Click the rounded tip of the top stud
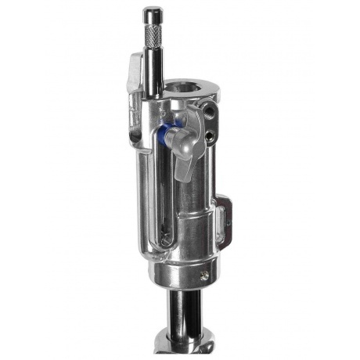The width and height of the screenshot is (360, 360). pos(149,11)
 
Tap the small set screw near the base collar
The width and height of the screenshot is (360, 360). pos(206,275)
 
